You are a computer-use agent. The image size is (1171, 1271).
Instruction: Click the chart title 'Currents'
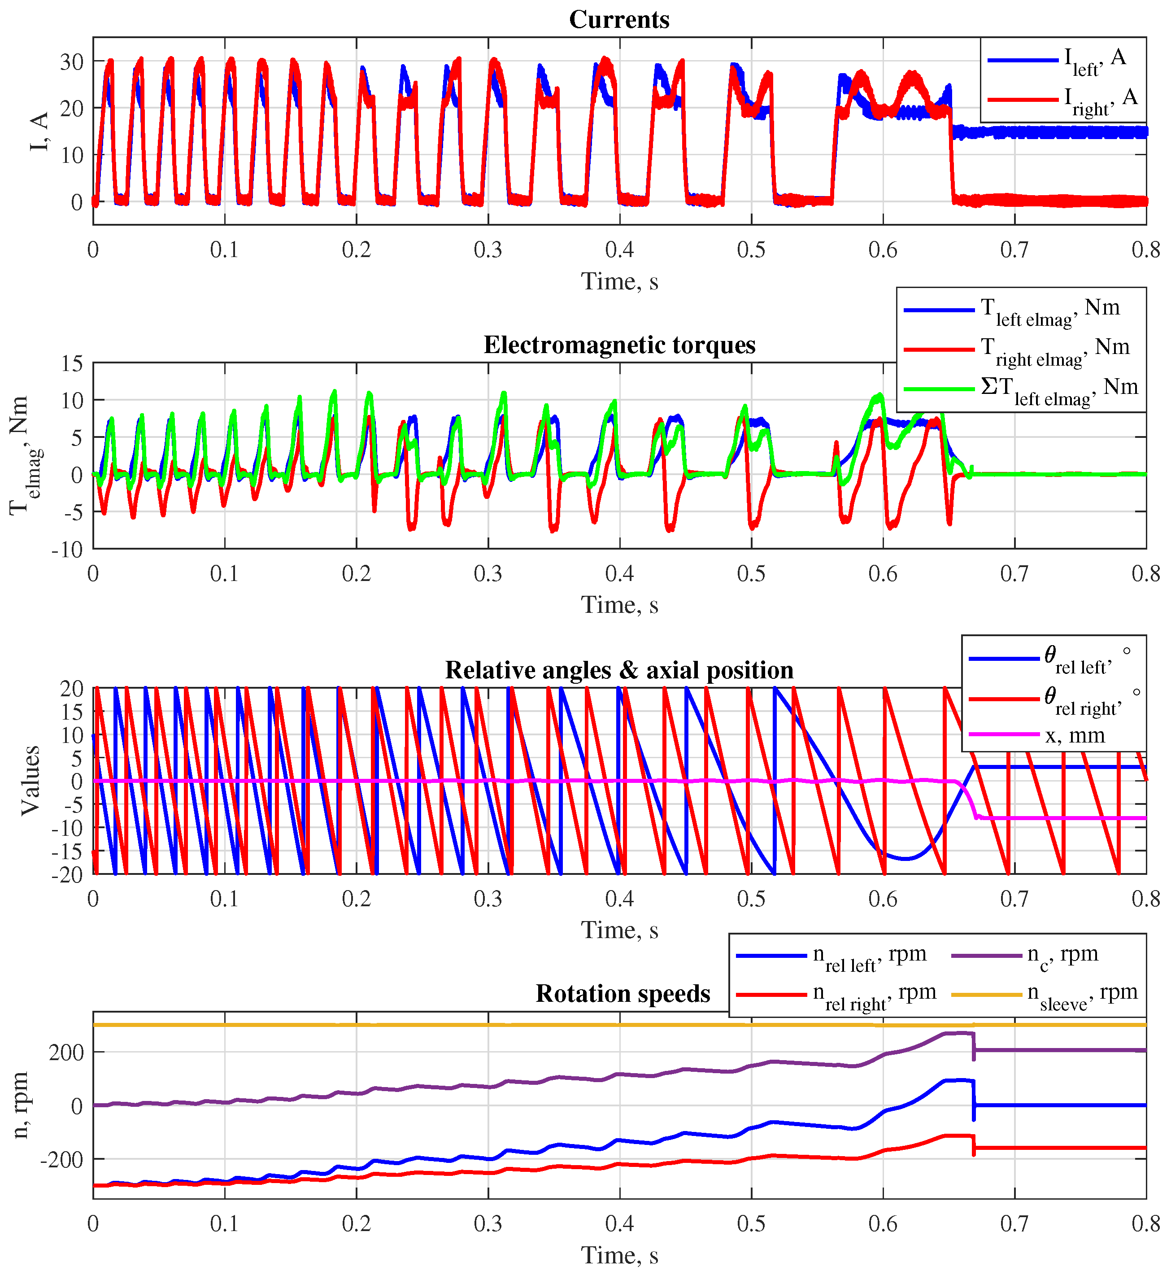(618, 20)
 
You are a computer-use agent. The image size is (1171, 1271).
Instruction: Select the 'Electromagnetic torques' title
(619, 345)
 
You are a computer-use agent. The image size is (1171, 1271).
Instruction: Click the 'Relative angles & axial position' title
(618, 670)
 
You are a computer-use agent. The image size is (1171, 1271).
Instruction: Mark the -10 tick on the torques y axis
(67, 549)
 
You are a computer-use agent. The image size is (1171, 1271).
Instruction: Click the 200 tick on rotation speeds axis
(66, 1053)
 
